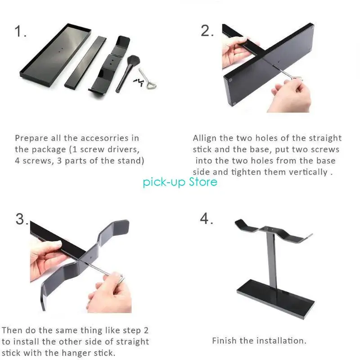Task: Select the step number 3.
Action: coord(22,219)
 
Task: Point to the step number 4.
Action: coord(206,219)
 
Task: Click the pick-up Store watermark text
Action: coord(180,182)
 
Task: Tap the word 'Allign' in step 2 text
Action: coord(205,138)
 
